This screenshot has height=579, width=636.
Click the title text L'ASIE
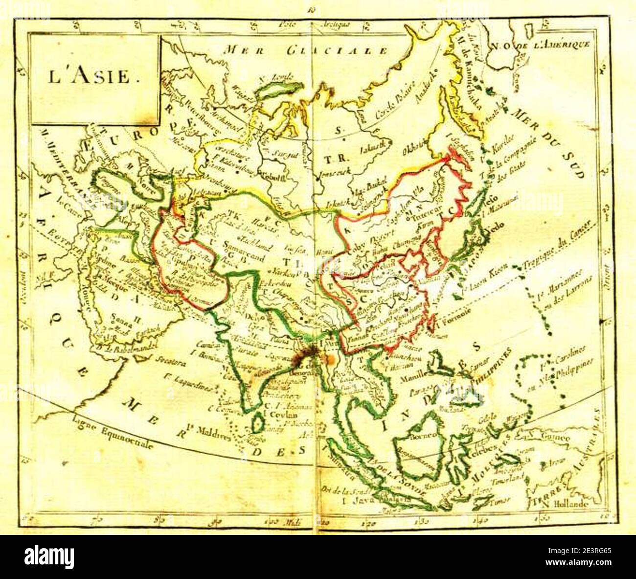pyautogui.click(x=89, y=77)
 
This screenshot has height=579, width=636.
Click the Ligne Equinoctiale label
pyautogui.click(x=112, y=431)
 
